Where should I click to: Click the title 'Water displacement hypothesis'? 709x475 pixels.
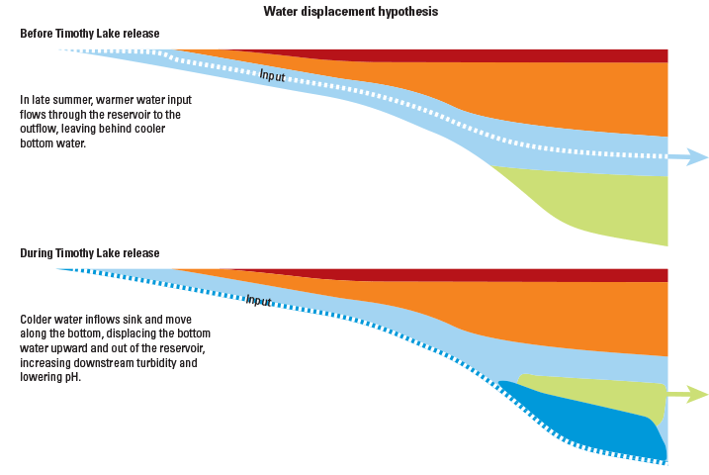(351, 12)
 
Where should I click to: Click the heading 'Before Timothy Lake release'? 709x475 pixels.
(90, 34)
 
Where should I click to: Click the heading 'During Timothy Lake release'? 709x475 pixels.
(90, 253)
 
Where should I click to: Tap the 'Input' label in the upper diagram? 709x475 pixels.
(272, 76)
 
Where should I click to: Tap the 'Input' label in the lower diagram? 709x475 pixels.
(258, 301)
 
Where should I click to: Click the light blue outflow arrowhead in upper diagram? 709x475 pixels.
(696, 157)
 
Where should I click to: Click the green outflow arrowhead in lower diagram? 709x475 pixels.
(696, 395)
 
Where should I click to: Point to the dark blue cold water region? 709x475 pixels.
(583, 416)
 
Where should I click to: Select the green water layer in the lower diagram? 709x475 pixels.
(593, 394)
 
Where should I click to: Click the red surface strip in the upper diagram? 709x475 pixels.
(494, 54)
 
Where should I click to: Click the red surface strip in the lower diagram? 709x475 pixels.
(494, 274)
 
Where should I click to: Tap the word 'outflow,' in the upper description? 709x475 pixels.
(42, 129)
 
